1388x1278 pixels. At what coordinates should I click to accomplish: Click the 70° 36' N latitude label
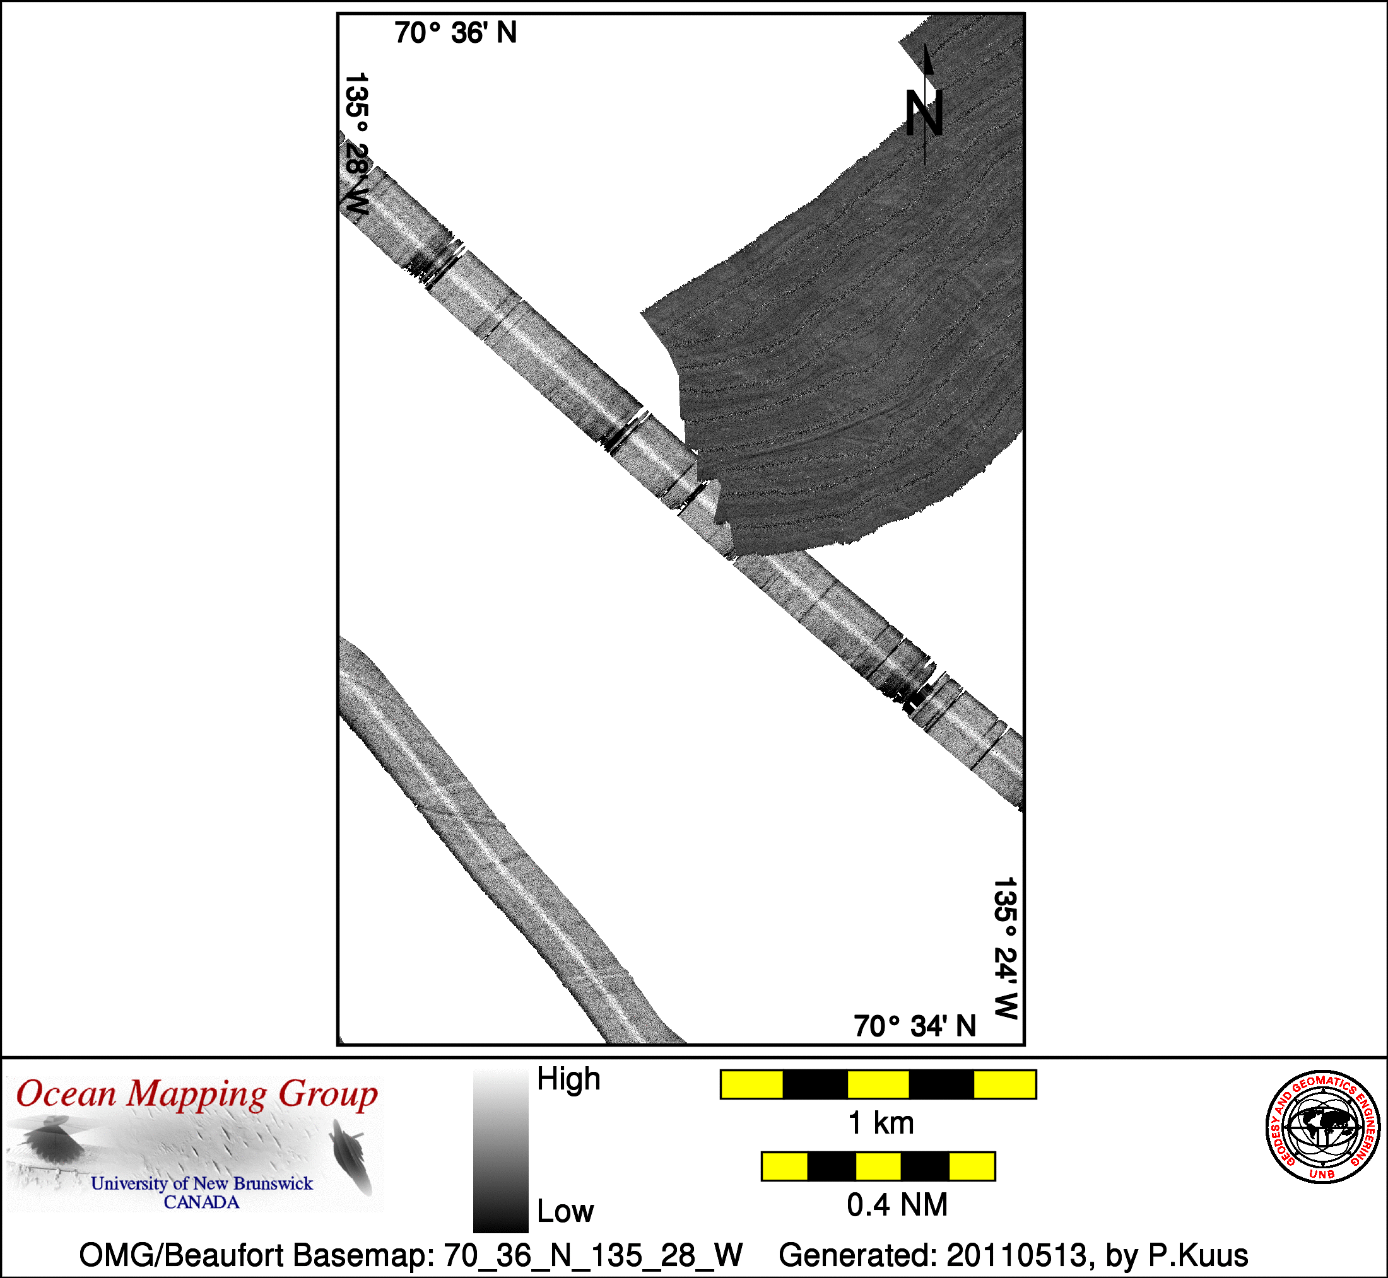(x=456, y=33)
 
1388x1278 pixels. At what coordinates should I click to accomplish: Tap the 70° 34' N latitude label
(x=915, y=1026)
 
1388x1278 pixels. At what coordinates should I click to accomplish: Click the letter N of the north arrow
(x=924, y=113)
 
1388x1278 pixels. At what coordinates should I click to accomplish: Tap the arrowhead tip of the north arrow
(x=926, y=44)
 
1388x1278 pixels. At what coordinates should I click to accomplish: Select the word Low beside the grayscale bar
(x=565, y=1211)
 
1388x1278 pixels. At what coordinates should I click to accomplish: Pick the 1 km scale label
(x=881, y=1123)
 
